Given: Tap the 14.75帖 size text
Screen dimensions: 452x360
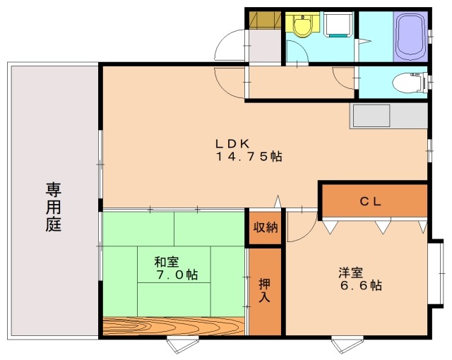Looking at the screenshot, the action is (249, 157).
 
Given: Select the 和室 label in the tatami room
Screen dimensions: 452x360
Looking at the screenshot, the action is (167, 262).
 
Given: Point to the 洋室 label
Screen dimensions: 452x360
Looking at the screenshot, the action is (351, 272).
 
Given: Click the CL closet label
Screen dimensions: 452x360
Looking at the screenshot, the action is (371, 201).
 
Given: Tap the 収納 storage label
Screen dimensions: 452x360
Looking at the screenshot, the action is (266, 227).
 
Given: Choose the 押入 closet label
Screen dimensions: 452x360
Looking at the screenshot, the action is (264, 290).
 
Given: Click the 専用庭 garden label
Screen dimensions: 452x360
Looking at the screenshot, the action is (54, 207).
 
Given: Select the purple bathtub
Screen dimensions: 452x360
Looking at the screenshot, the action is (411, 36).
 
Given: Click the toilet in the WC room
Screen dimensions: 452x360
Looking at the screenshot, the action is (410, 83).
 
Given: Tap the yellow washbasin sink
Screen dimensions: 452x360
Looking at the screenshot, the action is (302, 25).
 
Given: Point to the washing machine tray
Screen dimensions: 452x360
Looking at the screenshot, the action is (339, 24).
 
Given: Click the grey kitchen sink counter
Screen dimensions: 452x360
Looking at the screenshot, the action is (388, 116).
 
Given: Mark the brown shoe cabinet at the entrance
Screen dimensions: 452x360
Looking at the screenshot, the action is (266, 20).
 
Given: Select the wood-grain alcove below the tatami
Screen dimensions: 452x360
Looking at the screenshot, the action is (174, 326).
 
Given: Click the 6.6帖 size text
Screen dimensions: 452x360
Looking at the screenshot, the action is (362, 285).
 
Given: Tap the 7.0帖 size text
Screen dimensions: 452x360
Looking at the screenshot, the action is (177, 275).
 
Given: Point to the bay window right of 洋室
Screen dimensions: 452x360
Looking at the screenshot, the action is (436, 273).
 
